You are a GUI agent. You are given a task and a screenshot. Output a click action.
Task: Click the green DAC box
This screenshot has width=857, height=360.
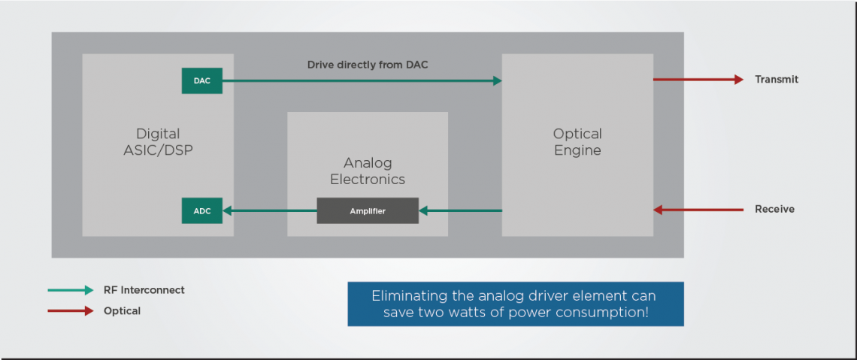coord(201,80)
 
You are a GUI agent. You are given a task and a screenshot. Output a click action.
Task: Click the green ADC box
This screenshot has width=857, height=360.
coord(201,211)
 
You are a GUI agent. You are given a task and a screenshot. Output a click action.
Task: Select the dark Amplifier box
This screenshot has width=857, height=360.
coord(367,211)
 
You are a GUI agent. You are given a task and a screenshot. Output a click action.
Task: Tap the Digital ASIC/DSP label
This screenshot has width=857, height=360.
coord(158,142)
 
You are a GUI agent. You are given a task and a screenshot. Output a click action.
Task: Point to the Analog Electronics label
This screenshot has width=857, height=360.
coord(368,171)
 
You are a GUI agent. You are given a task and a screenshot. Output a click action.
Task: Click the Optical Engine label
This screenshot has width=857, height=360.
coord(577,142)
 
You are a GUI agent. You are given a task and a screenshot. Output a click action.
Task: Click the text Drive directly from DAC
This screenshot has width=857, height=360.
coord(368,65)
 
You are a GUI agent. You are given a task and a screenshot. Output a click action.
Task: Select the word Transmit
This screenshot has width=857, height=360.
coord(777,80)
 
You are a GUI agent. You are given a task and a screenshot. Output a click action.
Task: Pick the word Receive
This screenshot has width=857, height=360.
coord(774,210)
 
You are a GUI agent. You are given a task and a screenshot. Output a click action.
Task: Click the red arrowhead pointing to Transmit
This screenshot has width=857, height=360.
coord(738,80)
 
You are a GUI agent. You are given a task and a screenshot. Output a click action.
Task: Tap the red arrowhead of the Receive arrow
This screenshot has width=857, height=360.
coord(658,210)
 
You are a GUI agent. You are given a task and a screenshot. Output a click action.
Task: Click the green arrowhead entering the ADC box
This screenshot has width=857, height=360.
coord(227,211)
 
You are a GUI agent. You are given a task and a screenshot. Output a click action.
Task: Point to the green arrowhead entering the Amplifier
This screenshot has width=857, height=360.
coord(423,211)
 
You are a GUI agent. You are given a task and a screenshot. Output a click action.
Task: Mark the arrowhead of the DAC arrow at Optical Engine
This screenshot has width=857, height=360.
coord(497,80)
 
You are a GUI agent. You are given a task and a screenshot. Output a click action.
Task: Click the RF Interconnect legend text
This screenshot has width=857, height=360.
coord(144,290)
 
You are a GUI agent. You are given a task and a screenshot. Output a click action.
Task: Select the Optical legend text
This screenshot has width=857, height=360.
coord(122,311)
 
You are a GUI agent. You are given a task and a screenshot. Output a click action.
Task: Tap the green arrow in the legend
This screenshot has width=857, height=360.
coord(71,290)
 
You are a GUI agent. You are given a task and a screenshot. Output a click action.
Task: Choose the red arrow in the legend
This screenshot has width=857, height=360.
coord(71,311)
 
